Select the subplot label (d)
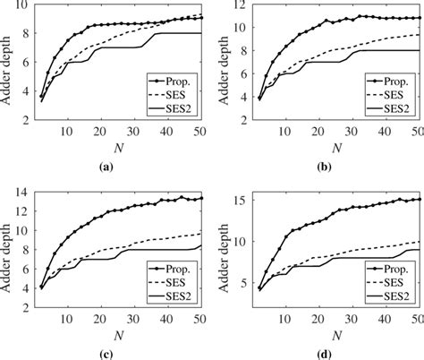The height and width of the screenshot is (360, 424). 332,353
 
